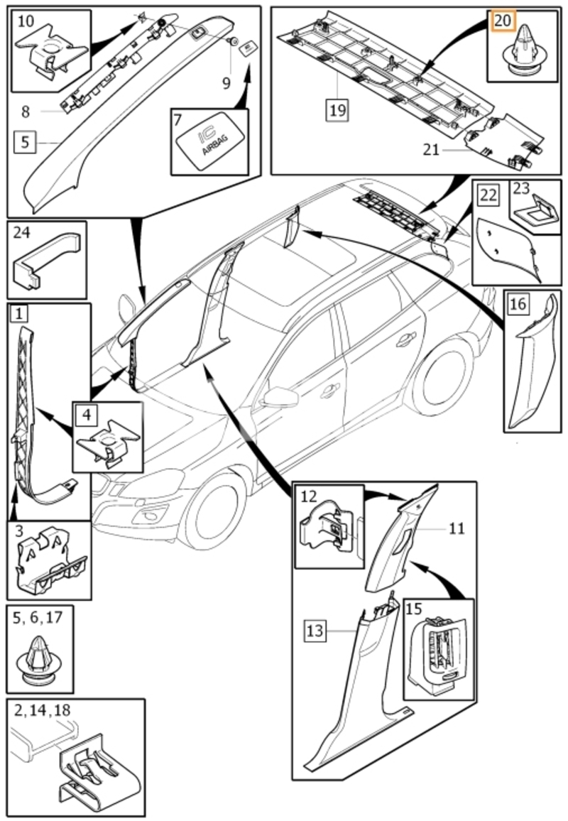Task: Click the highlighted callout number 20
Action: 503,21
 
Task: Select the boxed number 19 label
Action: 338,110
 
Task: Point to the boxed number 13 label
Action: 315,631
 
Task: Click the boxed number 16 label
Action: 518,303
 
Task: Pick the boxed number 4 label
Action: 87,415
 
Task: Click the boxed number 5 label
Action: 25,142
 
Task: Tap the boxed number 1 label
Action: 19,314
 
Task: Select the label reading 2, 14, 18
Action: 42,710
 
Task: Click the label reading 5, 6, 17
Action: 37,617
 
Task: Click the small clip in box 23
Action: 535,212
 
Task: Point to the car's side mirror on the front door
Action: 279,397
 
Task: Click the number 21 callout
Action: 431,150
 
